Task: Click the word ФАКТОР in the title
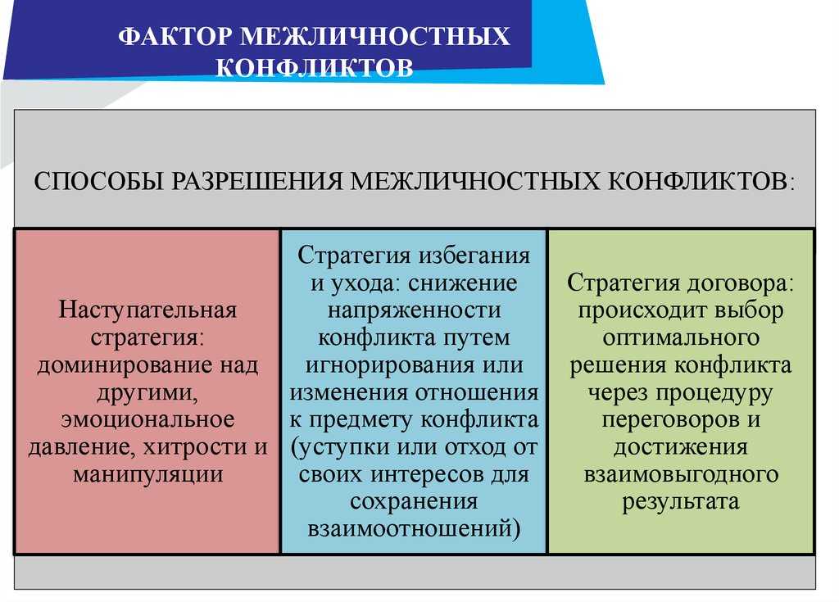(175, 36)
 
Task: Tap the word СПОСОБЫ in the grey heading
(98, 181)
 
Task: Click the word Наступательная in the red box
(147, 310)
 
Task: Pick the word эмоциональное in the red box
(147, 419)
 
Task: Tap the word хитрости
(193, 447)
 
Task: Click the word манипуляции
(147, 475)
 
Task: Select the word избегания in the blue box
(474, 256)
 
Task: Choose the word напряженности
(414, 311)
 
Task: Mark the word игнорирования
(388, 365)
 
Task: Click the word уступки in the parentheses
(347, 447)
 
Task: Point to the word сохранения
(414, 502)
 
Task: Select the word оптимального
(681, 338)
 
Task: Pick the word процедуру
(714, 393)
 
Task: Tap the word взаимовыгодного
(681, 475)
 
